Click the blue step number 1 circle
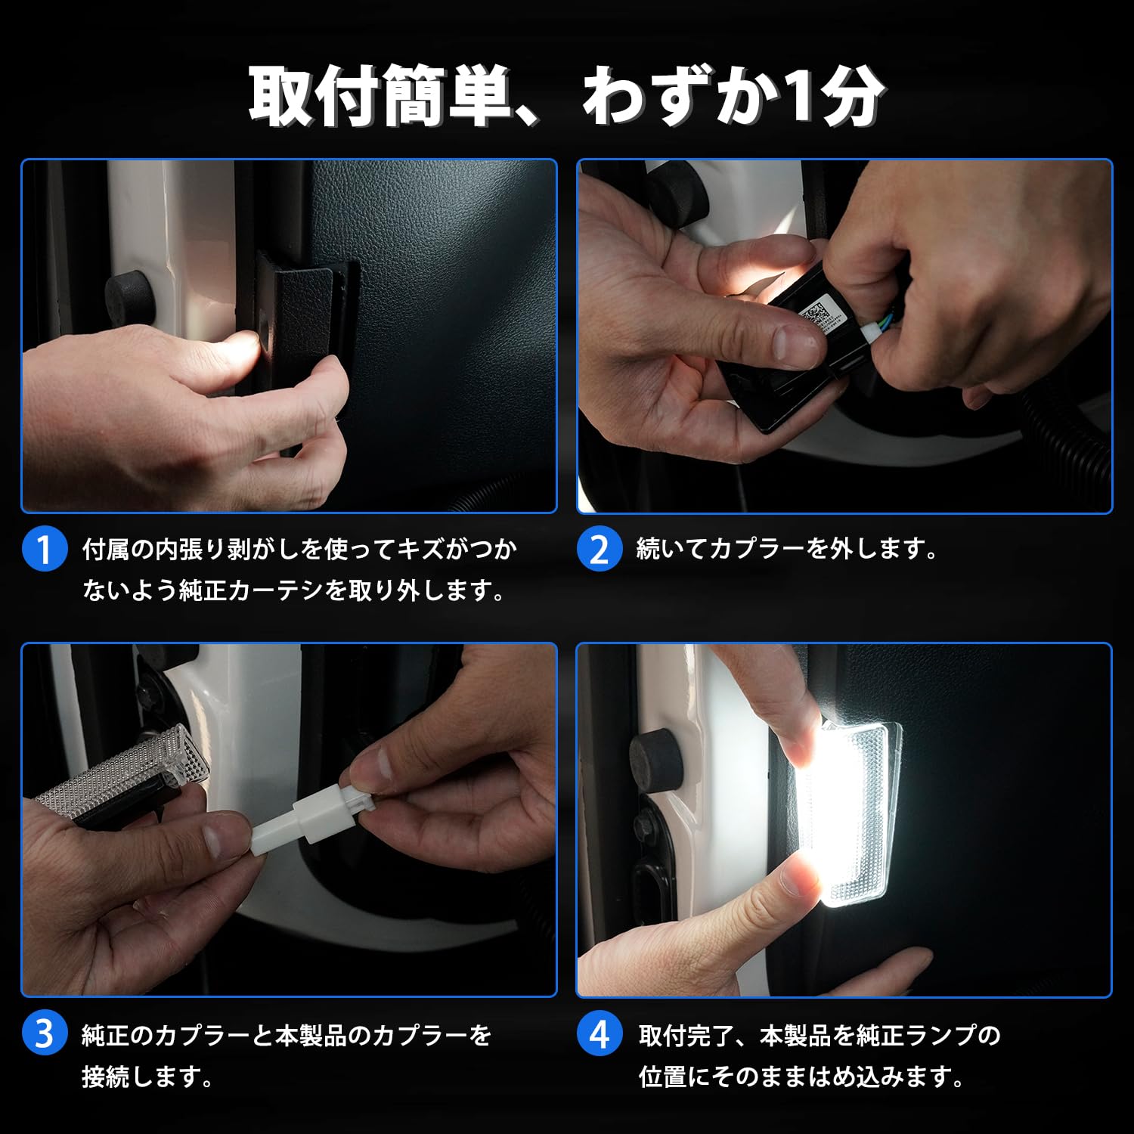45,549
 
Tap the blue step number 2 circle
600,549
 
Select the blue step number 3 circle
45,1033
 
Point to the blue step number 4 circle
600,1033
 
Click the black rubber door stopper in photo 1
130,296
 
